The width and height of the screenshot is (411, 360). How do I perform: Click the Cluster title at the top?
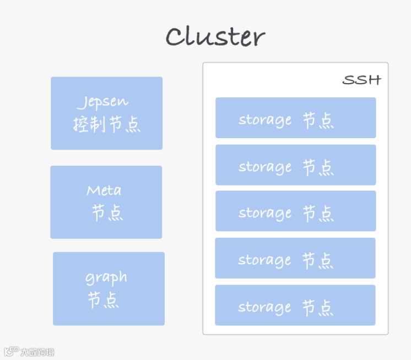coord(215,37)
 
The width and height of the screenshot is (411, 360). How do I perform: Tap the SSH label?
coord(361,80)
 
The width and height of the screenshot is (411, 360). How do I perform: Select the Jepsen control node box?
coord(107,113)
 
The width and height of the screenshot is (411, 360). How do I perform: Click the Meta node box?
coord(106,202)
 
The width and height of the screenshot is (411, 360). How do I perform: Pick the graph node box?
coord(109,288)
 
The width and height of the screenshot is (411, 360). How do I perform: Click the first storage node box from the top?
coord(295,118)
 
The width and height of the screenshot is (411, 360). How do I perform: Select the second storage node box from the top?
coord(295,165)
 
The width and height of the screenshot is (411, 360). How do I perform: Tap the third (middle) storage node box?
coord(295,211)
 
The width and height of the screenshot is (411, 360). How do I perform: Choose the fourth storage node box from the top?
coord(295,258)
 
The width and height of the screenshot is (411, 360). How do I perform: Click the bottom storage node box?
coord(295,305)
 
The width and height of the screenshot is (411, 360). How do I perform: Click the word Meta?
coord(104,191)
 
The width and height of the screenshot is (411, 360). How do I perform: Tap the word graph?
coord(106,277)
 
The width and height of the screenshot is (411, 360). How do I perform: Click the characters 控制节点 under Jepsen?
coord(107,125)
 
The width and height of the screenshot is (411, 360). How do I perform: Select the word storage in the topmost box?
coord(265,120)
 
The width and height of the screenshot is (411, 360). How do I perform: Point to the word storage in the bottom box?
coord(264,307)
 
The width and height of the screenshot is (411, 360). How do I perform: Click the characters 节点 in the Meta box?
coord(107,214)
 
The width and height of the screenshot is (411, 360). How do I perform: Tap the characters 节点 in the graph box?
coord(103,301)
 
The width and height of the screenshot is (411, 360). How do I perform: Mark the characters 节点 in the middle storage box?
coord(318,213)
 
